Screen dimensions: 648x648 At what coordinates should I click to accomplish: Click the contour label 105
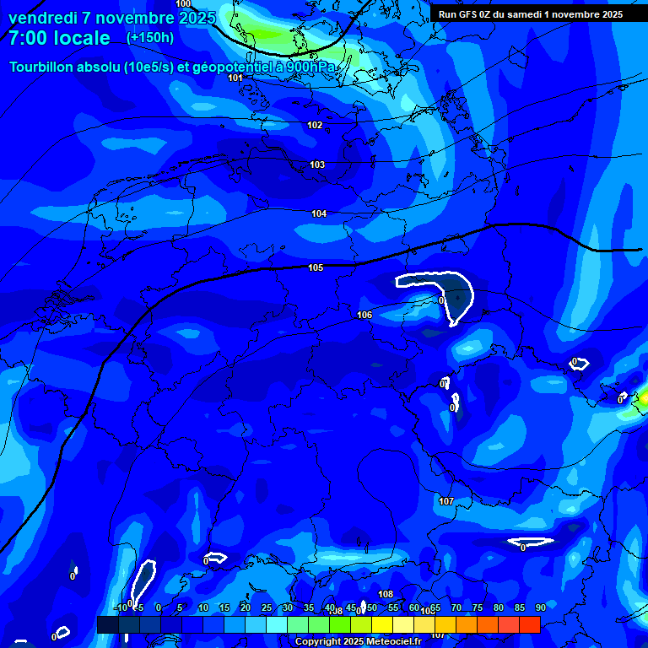[316, 267]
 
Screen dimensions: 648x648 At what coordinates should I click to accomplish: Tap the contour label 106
[364, 315]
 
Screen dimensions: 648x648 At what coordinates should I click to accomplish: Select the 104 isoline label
[319, 213]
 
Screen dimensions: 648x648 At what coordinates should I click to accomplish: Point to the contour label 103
[317, 165]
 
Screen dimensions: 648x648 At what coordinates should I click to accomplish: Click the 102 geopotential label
[315, 125]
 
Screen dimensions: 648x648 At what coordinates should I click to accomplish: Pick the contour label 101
[235, 78]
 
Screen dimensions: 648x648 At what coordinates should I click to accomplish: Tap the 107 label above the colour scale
[446, 501]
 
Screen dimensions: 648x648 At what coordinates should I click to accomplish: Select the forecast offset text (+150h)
[150, 37]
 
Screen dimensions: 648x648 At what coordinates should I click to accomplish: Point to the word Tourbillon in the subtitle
[46, 67]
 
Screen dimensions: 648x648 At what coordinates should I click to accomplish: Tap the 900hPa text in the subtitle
[308, 67]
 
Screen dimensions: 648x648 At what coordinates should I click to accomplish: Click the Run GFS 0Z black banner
[530, 14]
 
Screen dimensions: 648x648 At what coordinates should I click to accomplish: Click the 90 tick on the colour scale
[540, 607]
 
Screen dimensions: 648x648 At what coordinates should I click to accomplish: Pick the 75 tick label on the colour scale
[477, 607]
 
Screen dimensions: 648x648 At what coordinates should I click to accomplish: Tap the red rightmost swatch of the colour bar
[529, 624]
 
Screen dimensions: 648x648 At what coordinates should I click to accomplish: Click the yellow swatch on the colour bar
[381, 624]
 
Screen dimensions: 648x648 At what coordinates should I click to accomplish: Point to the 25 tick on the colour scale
[266, 607]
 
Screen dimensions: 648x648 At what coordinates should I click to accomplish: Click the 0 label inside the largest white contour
[441, 300]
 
